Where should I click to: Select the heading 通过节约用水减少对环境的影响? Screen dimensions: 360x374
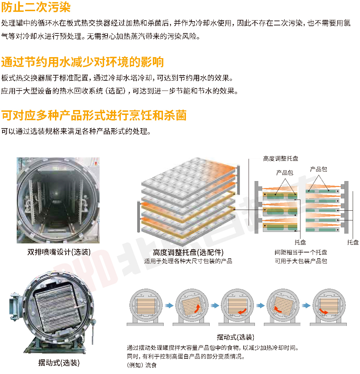click(x=83, y=62)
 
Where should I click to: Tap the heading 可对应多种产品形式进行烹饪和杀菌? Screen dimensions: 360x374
click(x=94, y=115)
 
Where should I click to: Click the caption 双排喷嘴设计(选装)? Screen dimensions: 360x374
click(x=59, y=252)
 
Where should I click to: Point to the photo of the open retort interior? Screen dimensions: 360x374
click(x=58, y=200)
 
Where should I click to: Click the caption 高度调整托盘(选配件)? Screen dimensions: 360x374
click(x=188, y=252)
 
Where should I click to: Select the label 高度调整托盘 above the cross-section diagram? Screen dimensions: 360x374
click(x=281, y=158)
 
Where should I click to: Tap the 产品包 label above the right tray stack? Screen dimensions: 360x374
click(x=318, y=169)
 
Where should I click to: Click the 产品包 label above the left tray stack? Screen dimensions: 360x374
click(x=284, y=172)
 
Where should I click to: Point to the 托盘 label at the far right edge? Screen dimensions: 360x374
click(x=353, y=242)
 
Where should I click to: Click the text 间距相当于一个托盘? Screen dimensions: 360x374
click(x=300, y=252)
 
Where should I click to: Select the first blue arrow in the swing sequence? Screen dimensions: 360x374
click(x=169, y=305)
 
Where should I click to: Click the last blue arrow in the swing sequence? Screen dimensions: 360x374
click(x=306, y=305)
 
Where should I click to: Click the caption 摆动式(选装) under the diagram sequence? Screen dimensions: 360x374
click(x=235, y=337)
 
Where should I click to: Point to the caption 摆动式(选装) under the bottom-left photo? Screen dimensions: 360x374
click(x=59, y=363)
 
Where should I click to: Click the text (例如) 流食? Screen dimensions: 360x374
click(x=142, y=365)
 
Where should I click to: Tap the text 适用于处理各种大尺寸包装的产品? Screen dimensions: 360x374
click(x=188, y=261)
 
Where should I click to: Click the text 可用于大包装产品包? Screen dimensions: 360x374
click(x=300, y=261)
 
